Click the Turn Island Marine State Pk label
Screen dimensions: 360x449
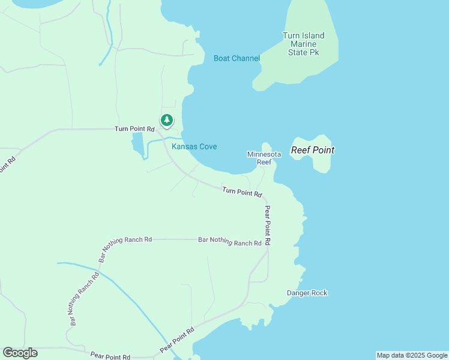303,44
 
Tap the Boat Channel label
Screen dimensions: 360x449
237,58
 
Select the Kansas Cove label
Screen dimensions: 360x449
194,147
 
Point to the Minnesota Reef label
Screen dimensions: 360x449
259,158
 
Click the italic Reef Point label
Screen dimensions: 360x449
312,150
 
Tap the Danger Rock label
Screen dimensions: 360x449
307,293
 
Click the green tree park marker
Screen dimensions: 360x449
166,120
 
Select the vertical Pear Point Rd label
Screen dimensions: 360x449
268,225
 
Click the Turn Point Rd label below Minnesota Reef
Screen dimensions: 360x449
243,192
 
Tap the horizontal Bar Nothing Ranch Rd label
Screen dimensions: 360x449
230,242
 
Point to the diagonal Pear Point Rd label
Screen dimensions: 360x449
177,340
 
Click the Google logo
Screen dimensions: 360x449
20,353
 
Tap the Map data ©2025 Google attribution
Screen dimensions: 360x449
412,355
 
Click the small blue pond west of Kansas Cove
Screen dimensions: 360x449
137,144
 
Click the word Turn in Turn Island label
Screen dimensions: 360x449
291,35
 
